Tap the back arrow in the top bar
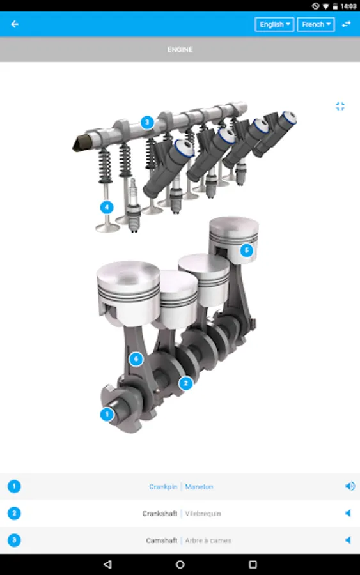15,24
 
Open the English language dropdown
274,24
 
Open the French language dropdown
316,24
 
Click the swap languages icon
346,24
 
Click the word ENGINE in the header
180,49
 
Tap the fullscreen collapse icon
340,106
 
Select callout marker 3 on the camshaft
147,121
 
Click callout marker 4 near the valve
107,207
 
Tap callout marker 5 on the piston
247,250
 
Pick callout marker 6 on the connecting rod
135,359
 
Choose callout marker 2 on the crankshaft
185,383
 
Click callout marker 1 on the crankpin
106,414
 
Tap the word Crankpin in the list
162,487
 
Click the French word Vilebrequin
203,514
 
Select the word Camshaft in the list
161,540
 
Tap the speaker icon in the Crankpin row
349,486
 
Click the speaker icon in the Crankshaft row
348,513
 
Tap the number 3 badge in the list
14,540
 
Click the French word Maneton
199,487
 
